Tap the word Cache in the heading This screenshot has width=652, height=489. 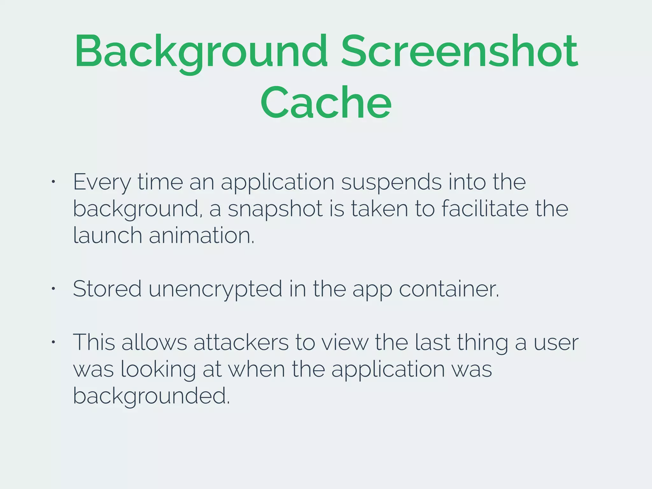326,103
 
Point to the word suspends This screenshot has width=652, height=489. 391,182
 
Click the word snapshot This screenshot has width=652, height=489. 275,209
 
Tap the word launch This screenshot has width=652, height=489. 108,236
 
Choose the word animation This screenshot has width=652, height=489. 202,236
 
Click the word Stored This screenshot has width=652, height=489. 107,289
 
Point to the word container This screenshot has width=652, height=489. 449,289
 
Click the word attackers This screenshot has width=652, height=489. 241,343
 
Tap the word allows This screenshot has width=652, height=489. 154,343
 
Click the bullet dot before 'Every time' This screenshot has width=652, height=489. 53,182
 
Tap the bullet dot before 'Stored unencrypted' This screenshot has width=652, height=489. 53,289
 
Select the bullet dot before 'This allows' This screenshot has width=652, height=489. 53,342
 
